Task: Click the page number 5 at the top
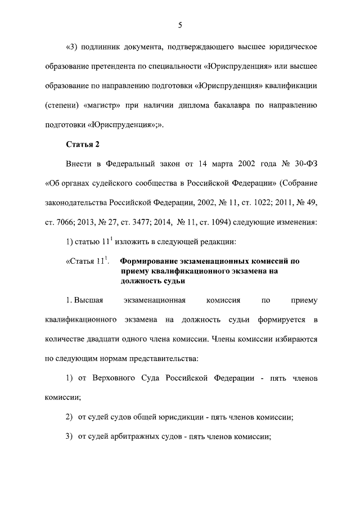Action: (x=180, y=25)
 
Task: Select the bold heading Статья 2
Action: (x=83, y=145)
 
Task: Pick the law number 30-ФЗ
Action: (x=303, y=164)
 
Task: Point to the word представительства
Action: (x=154, y=357)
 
